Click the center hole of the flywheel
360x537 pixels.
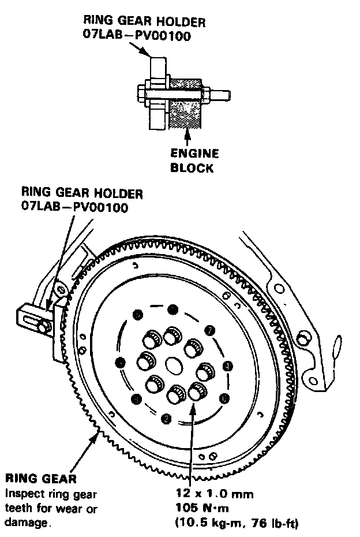click(174, 365)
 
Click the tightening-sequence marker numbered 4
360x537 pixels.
click(228, 366)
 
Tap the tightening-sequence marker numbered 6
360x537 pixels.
click(224, 398)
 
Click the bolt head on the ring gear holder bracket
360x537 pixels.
click(40, 327)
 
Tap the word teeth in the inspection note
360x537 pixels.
click(18, 509)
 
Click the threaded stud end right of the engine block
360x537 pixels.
click(224, 92)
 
